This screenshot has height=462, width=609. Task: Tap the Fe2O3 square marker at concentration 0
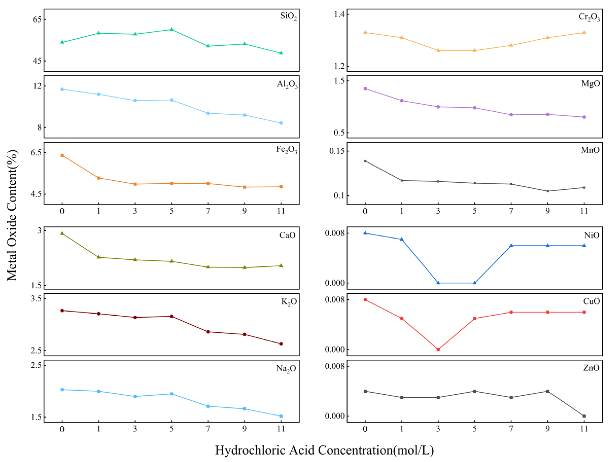tap(62, 156)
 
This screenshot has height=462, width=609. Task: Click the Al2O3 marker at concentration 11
tap(281, 123)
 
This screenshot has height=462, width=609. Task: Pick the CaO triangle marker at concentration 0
tap(62, 233)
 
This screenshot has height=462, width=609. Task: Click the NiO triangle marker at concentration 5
tap(475, 283)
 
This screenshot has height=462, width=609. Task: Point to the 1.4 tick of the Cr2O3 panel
tap(339, 14)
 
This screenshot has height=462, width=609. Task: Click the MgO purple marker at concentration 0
tap(365, 89)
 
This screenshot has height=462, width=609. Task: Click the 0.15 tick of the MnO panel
tap(337, 151)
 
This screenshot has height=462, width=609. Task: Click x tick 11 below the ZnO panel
tap(584, 429)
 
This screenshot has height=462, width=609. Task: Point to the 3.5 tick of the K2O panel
tap(36, 298)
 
